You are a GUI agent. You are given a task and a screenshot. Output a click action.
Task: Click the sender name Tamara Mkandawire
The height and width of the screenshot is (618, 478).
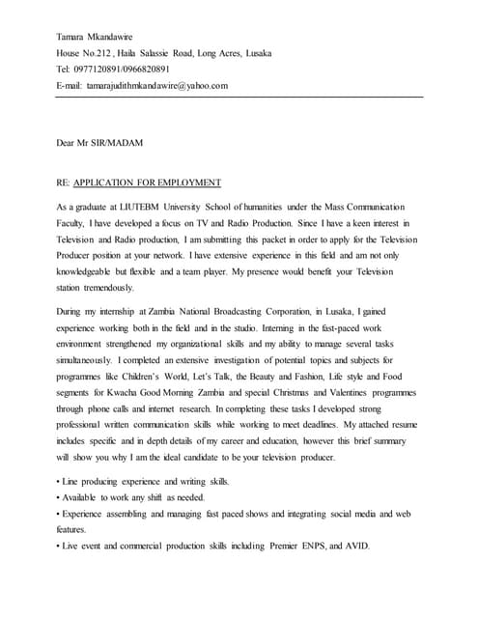point(97,37)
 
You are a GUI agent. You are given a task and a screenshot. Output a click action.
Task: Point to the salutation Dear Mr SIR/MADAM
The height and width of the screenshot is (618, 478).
point(100,143)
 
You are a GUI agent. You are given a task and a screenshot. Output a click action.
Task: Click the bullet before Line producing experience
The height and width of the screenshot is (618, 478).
point(58,482)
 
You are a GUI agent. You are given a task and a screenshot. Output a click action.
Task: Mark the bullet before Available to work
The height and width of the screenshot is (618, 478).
point(58,497)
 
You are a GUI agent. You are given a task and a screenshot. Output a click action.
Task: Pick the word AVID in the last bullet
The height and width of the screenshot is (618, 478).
point(354,547)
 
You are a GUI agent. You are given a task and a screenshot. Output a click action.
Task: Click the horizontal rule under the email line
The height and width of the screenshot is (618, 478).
point(239,97)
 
